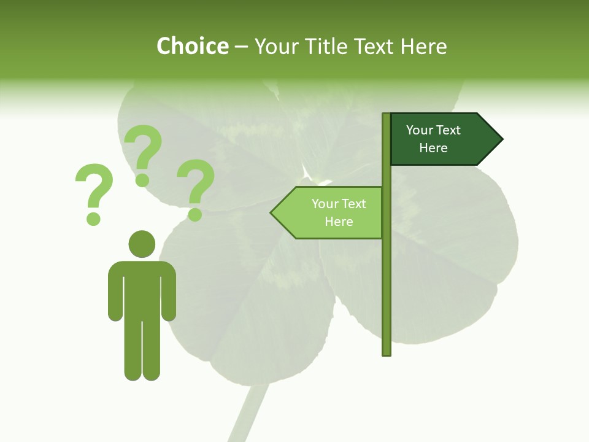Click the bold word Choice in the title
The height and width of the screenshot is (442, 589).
pyautogui.click(x=192, y=46)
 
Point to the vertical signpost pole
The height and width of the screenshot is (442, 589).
pyautogui.click(x=386, y=276)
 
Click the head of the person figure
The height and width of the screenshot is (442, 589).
pyautogui.click(x=142, y=244)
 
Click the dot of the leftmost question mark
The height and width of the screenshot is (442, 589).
pyautogui.click(x=93, y=218)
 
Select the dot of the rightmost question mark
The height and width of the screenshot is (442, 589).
pyautogui.click(x=194, y=214)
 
